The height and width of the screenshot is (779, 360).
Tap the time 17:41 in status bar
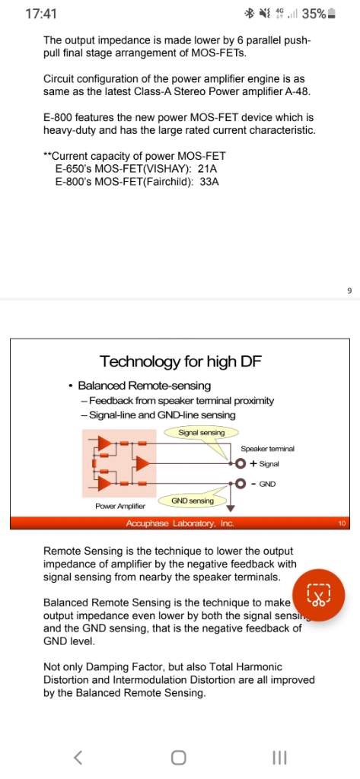(41, 14)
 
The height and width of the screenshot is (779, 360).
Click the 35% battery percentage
(314, 14)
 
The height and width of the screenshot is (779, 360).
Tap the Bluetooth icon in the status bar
(249, 14)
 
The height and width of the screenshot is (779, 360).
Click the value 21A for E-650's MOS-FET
(208, 169)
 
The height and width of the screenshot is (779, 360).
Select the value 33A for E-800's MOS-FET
(209, 182)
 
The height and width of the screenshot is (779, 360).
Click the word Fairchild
(169, 182)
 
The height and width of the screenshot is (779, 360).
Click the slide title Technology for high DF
(180, 361)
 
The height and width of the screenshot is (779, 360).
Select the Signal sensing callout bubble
(202, 433)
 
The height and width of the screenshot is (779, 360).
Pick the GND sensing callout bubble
(193, 501)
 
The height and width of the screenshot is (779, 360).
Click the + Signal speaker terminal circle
(241, 463)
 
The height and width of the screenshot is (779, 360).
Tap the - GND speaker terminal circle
(241, 483)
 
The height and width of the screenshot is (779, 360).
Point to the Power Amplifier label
(120, 506)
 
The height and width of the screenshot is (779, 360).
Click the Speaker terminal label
(267, 449)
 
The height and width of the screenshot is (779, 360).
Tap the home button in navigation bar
(179, 758)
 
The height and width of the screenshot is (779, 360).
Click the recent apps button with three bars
(280, 758)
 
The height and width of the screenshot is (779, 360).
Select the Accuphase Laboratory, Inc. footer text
(180, 523)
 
